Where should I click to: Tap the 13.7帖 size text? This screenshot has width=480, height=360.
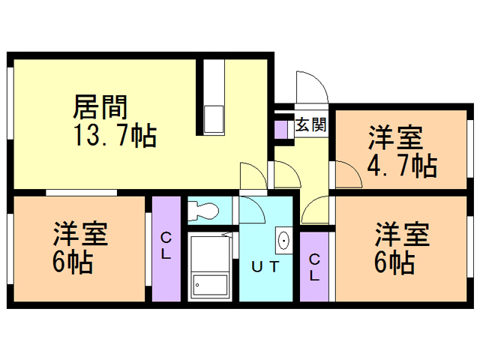[x=113, y=136]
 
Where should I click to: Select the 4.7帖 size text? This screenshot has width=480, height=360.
[x=401, y=164]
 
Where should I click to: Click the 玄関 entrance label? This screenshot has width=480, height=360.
[x=310, y=124]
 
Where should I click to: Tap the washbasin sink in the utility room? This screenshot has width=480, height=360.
[x=284, y=240]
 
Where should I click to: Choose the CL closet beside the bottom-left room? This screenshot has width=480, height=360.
[x=166, y=247]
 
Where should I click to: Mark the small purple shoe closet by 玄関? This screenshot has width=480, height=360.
[x=280, y=127]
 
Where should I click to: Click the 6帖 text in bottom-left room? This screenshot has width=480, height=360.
[x=73, y=262]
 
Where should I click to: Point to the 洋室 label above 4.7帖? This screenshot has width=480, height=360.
[x=394, y=138]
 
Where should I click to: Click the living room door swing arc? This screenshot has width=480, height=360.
[x=253, y=175]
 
